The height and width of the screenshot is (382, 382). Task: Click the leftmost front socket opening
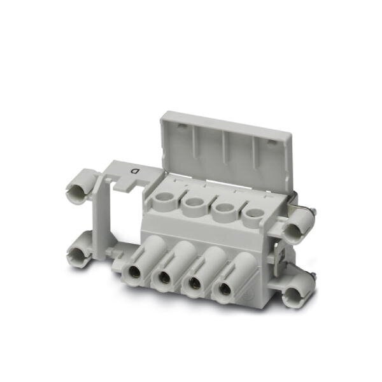(x=134, y=271)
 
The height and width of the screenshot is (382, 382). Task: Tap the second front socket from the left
(x=163, y=277)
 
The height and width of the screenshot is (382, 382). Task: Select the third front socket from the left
(x=194, y=282)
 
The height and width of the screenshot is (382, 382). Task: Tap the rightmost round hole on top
(x=252, y=213)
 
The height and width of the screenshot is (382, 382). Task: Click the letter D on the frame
(x=135, y=171)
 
